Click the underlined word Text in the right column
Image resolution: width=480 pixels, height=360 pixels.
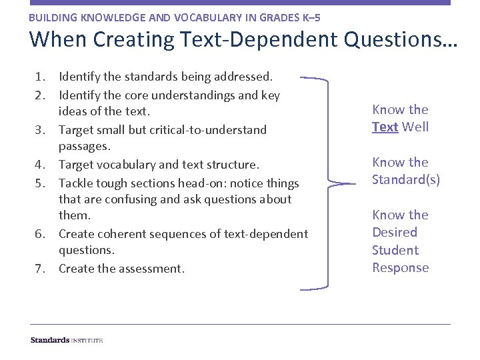click(x=385, y=127)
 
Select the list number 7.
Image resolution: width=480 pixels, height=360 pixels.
click(x=39, y=269)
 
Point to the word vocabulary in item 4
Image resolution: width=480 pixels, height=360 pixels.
click(x=132, y=165)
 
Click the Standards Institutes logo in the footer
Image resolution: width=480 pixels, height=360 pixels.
click(x=67, y=340)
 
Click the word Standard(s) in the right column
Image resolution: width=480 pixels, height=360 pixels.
click(x=406, y=179)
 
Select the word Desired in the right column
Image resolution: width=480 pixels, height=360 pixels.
click(x=395, y=232)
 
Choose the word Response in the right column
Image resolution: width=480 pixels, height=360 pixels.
click(x=400, y=267)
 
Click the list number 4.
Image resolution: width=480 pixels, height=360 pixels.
click(x=39, y=165)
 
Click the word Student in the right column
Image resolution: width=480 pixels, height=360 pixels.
click(x=395, y=250)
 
